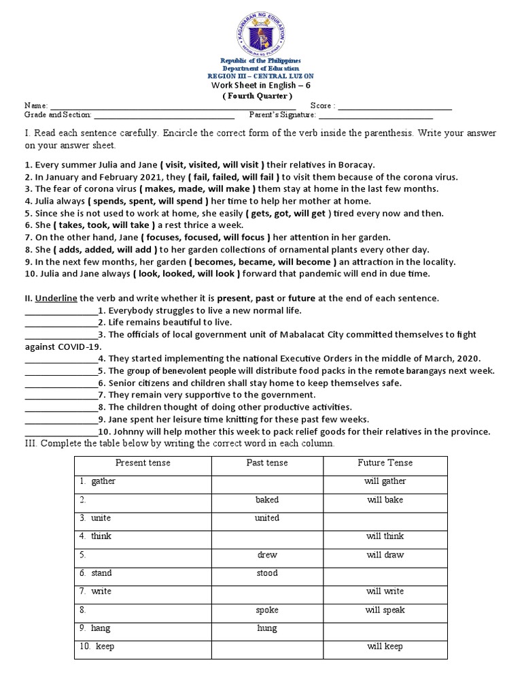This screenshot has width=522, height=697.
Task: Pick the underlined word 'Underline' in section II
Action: click(56, 298)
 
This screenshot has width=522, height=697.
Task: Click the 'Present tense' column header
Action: click(143, 463)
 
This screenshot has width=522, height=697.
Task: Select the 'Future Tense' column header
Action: click(385, 463)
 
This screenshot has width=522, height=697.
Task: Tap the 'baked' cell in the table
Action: click(267, 500)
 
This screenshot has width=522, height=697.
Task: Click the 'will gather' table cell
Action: click(385, 481)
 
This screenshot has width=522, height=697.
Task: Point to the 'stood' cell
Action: click(267, 573)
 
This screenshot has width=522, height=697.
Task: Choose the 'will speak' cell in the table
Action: click(385, 610)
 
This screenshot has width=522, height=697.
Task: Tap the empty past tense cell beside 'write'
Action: click(267, 591)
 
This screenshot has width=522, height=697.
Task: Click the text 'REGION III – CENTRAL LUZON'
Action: click(261, 76)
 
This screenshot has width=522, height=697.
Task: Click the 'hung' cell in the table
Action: click(267, 628)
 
